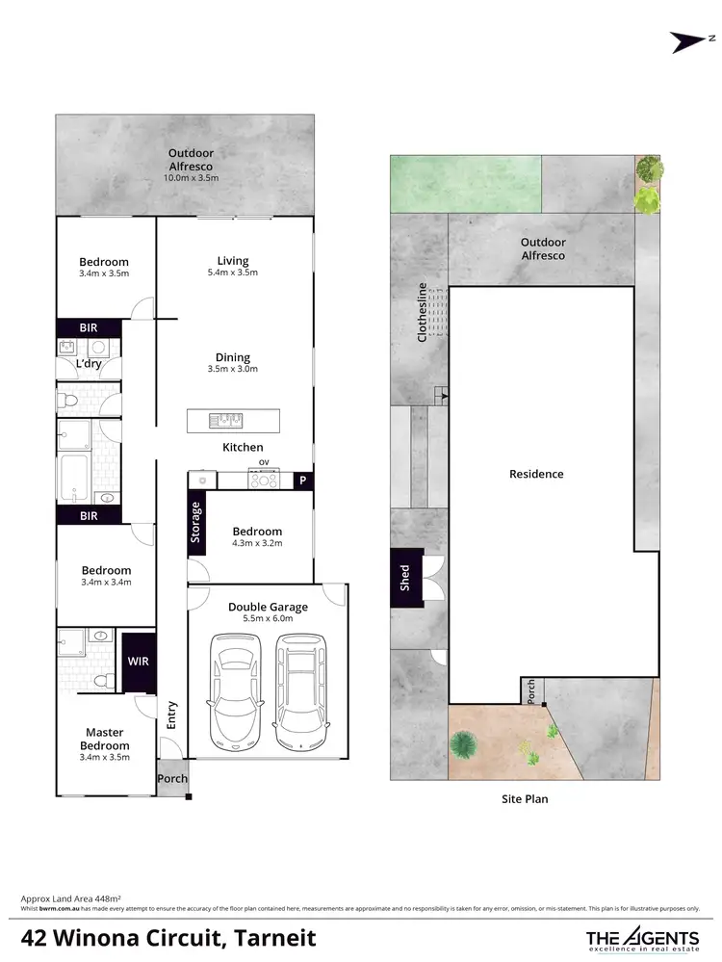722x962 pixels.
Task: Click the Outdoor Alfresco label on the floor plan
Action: [191, 159]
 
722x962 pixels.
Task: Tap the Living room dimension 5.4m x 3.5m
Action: [232, 273]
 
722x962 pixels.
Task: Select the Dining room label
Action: [232, 355]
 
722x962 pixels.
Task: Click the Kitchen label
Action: [243, 447]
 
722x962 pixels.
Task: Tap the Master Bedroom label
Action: [104, 739]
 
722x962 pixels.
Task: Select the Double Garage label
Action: [268, 607]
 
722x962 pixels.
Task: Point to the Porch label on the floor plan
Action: [172, 779]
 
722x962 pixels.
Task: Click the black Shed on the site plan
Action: [405, 578]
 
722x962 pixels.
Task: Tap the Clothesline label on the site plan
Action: [422, 313]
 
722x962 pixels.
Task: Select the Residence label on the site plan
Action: [537, 474]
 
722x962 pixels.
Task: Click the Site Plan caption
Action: [525, 798]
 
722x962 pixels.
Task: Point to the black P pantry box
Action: [302, 480]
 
